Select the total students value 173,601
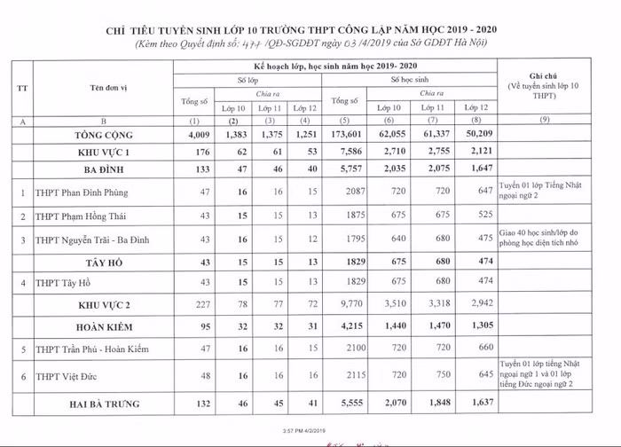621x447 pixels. (x=347, y=136)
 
